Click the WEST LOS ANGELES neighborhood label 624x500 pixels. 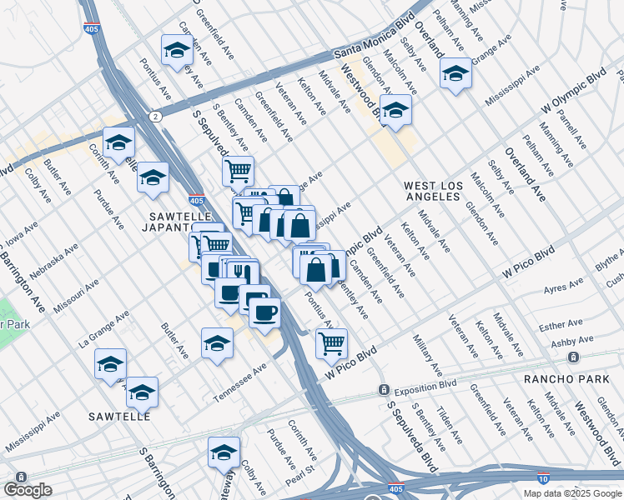point(431,190)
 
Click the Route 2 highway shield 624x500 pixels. point(155,116)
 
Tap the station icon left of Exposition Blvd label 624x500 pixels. point(383,389)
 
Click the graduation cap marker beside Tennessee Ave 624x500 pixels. point(217,342)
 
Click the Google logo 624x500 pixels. point(28,490)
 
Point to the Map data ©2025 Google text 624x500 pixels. point(572,493)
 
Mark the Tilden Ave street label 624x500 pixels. point(449,422)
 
